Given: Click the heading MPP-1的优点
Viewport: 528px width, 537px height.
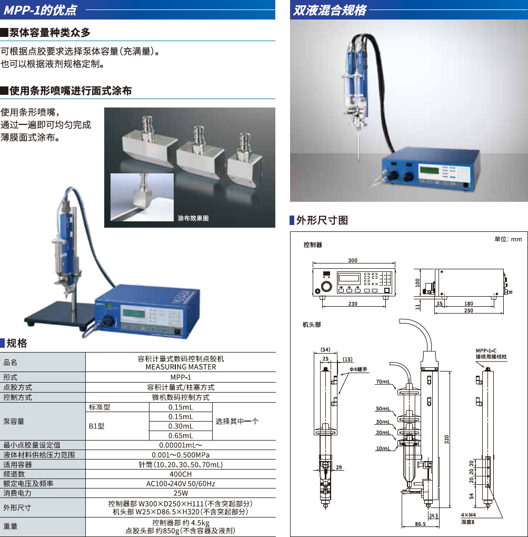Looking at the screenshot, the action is (41, 10).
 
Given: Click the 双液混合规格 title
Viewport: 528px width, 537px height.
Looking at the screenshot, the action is (330, 10).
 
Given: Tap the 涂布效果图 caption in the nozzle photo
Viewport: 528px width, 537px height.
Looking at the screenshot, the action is (193, 218).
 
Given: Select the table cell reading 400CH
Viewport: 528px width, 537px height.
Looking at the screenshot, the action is (181, 474).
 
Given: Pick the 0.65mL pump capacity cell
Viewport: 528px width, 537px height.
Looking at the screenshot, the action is (181, 436).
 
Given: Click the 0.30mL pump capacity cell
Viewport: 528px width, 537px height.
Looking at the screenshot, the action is (181, 426).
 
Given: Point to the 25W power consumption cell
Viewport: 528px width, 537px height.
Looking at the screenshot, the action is (181, 493).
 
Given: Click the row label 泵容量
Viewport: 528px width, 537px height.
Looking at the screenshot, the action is (14, 421).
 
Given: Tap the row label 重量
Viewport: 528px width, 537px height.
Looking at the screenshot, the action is (11, 526).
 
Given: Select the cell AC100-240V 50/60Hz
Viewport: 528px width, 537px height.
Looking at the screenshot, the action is (181, 484).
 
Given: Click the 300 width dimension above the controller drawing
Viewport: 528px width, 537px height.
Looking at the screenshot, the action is (353, 260).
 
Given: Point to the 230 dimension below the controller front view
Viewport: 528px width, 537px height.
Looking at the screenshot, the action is (353, 304).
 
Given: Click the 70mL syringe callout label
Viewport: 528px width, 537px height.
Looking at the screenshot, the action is (383, 382).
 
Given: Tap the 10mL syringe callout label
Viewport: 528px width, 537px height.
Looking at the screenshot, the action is (383, 448).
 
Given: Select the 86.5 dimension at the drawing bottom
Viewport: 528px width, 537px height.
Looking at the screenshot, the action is (420, 524).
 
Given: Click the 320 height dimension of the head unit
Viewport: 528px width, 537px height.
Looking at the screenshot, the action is (446, 440).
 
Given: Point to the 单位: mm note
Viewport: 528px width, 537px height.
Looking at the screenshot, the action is (508, 239).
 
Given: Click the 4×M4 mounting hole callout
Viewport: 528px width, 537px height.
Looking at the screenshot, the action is (468, 515).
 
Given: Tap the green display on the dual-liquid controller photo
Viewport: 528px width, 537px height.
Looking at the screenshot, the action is (429, 170).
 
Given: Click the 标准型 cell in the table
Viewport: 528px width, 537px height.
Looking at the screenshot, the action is (99, 407).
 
